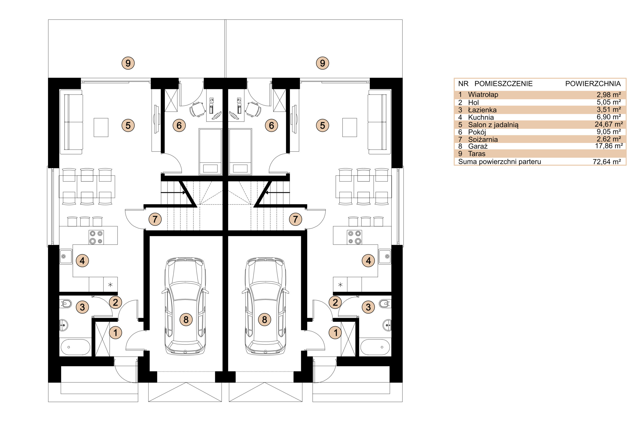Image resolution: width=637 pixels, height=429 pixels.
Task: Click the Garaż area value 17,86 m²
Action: click(609, 146)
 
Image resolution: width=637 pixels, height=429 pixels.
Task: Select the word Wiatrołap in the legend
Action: click(483, 95)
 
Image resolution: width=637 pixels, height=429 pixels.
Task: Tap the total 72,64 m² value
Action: click(607, 162)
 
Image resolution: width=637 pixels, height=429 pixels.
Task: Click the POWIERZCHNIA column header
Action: click(593, 84)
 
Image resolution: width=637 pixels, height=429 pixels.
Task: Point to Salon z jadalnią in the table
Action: click(493, 125)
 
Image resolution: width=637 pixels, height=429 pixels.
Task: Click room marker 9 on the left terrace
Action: click(128, 63)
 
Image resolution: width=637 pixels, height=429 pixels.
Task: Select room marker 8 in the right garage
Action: click(265, 319)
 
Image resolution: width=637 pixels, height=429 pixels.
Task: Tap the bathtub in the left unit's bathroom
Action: click(75, 347)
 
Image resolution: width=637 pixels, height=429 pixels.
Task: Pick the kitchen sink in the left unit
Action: click(66, 257)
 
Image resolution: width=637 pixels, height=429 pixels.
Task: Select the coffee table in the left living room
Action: click(101, 127)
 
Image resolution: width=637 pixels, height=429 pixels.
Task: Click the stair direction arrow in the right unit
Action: click(277, 193)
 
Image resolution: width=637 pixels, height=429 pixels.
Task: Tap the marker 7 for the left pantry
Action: click(155, 219)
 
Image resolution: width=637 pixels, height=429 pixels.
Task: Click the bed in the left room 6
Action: click(210, 152)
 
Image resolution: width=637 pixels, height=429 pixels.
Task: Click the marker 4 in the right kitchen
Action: click(369, 261)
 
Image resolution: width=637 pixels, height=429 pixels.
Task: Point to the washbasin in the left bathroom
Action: click(64, 325)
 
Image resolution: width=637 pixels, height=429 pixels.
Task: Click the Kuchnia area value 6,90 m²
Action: click(609, 117)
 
